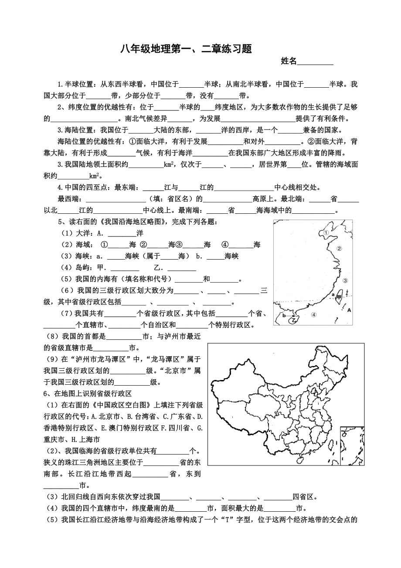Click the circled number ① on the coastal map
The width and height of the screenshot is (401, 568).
coord(326,233)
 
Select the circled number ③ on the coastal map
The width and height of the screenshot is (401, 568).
coord(345,281)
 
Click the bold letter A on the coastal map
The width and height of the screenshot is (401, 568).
coord(349,310)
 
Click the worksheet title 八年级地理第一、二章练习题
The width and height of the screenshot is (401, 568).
coord(186,49)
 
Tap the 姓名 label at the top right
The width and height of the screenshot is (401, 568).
coord(289,61)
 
